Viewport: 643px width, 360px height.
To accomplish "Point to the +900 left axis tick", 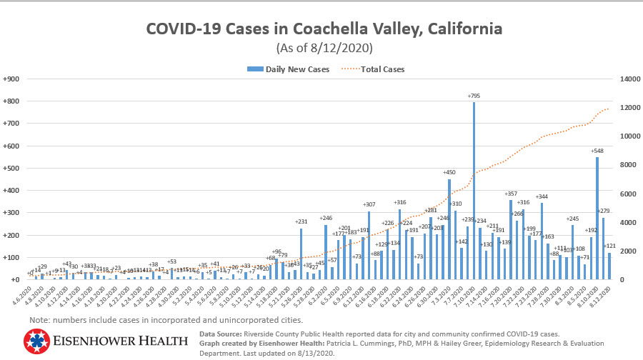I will (x=11, y=79).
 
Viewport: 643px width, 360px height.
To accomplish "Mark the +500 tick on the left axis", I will (x=11, y=168).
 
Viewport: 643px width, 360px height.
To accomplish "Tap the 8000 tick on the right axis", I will (x=619, y=165).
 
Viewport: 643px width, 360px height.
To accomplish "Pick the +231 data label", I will (x=301, y=222).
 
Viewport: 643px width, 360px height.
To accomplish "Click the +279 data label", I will (x=604, y=211).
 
